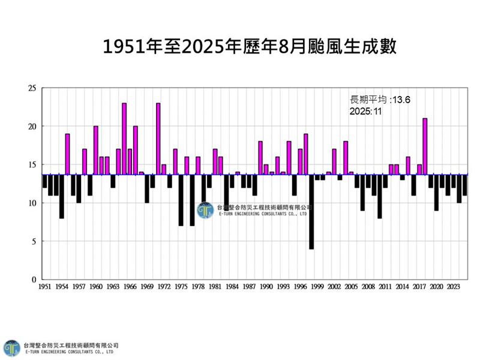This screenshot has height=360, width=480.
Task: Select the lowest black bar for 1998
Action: tap(311, 212)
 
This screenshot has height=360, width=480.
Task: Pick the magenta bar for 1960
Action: tap(96, 150)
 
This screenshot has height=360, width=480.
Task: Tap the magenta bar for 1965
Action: tap(124, 139)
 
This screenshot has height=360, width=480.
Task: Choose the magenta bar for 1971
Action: tap(158, 139)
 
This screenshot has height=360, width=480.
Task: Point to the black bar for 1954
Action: tap(62, 196)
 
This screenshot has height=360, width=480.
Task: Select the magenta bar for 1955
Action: tap(67, 154)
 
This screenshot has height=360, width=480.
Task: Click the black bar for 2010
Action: tap(380, 196)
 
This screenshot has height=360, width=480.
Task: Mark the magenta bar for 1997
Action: tap(306, 154)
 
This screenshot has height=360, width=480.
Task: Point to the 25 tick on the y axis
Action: tap(32, 88)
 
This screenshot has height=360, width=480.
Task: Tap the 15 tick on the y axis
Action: tap(32, 165)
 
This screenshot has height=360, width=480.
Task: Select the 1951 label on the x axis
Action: tap(44, 287)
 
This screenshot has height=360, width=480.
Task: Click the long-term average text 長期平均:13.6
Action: tap(371, 100)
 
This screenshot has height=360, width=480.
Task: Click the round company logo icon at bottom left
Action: tap(11, 348)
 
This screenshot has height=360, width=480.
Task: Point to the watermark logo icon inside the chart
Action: tap(206, 211)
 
